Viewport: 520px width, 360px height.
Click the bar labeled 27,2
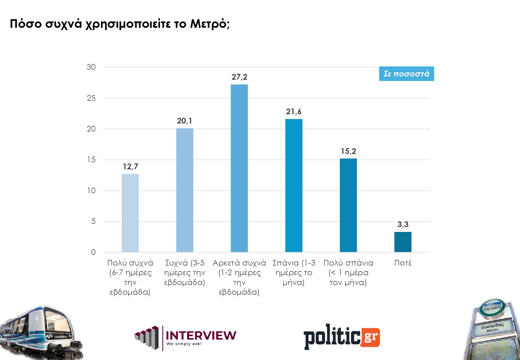pyautogui.click(x=239, y=168)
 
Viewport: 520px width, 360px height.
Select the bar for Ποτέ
pyautogui.click(x=403, y=242)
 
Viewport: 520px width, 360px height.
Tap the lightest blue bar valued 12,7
pyautogui.click(x=130, y=213)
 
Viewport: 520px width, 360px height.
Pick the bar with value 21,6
pyautogui.click(x=294, y=186)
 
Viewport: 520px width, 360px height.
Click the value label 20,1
pyautogui.click(x=184, y=121)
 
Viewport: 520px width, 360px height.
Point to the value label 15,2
pyautogui.click(x=348, y=151)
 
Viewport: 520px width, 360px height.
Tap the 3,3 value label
pyautogui.click(x=403, y=225)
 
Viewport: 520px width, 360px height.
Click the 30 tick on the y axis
pyautogui.click(x=91, y=67)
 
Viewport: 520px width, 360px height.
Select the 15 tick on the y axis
pyautogui.click(x=91, y=160)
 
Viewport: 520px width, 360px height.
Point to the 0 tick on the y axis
pyautogui.click(x=93, y=252)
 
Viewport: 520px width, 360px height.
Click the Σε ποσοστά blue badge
pyautogui.click(x=406, y=74)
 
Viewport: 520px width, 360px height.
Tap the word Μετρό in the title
pyautogui.click(x=210, y=24)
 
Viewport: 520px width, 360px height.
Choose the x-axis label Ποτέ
pyautogui.click(x=403, y=263)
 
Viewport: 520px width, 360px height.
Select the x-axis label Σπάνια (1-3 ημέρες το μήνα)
pyautogui.click(x=294, y=273)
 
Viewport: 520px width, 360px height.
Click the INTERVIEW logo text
pyautogui.click(x=201, y=335)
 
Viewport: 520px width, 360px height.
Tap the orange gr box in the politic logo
pyautogui.click(x=371, y=337)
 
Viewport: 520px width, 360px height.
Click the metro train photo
pyautogui.click(x=40, y=331)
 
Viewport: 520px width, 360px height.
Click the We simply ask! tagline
pyautogui.click(x=184, y=344)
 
